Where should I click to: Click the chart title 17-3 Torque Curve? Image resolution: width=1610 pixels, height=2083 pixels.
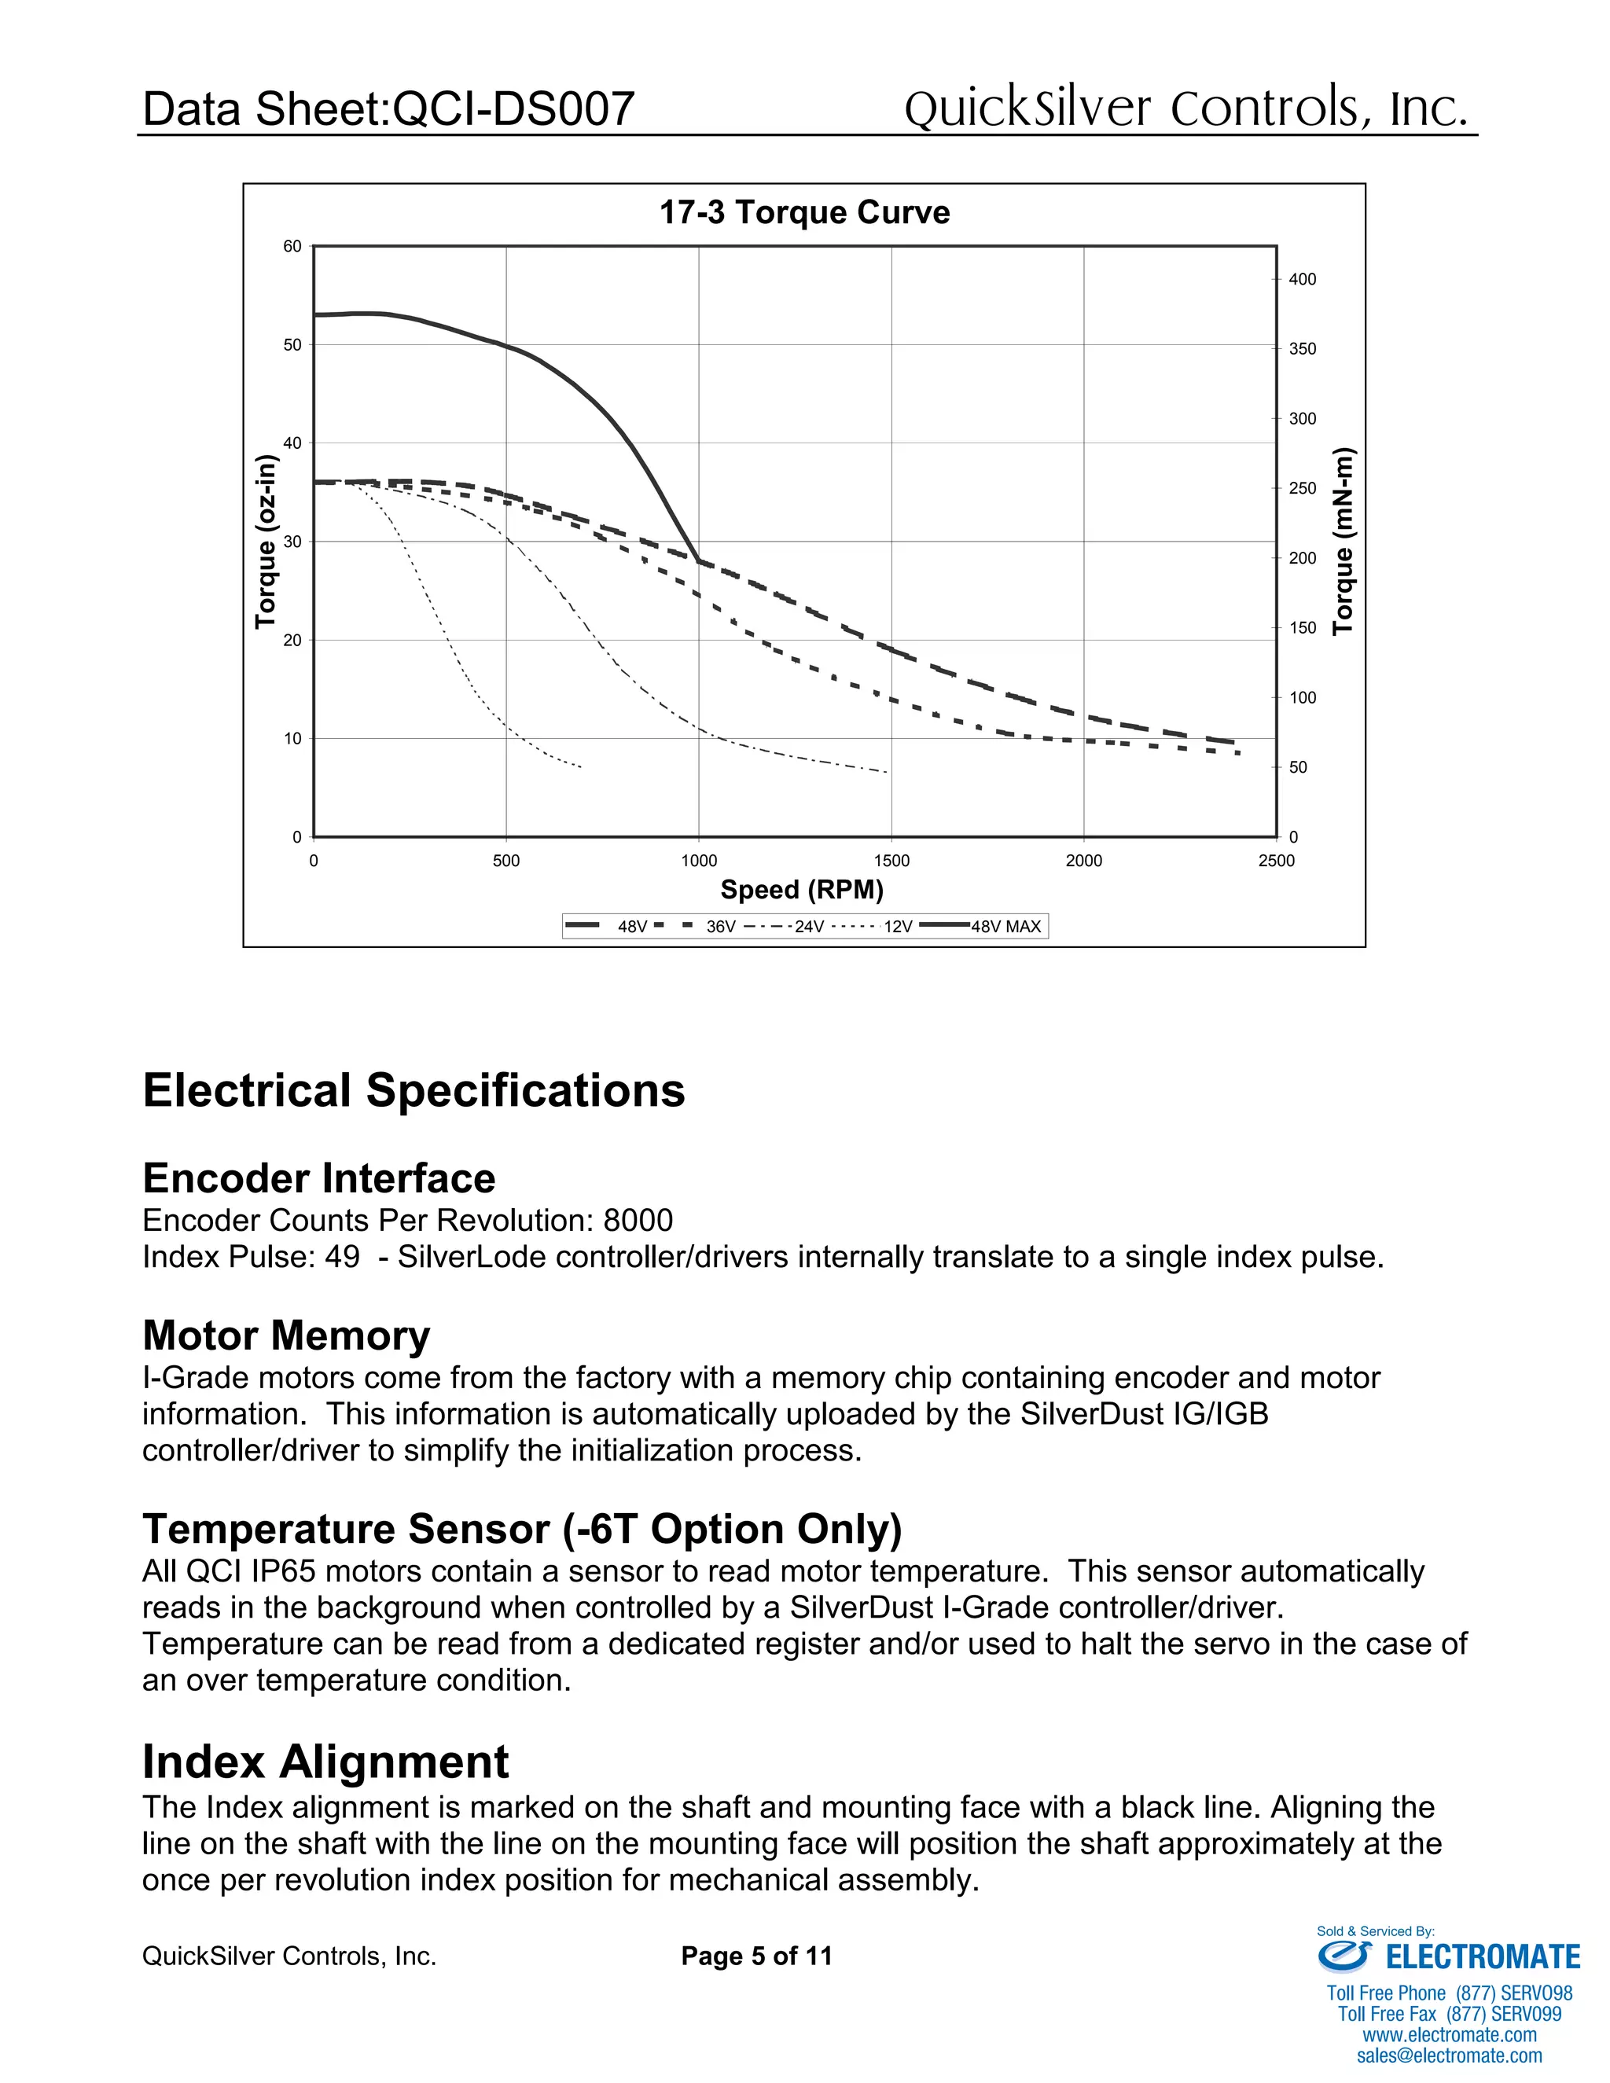coord(804,211)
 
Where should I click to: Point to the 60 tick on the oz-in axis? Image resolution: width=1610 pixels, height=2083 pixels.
coord(292,246)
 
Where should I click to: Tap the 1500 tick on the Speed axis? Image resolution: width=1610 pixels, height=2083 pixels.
coord(891,860)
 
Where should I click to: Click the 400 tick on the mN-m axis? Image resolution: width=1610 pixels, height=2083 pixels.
coord(1302,280)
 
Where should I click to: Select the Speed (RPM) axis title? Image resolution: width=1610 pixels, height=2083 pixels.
coord(801,890)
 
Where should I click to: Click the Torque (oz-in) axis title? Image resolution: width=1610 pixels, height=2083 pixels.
coord(266,541)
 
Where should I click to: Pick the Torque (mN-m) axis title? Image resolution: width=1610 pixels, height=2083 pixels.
coord(1343,541)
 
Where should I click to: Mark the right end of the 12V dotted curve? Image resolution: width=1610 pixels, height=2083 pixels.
coord(581,767)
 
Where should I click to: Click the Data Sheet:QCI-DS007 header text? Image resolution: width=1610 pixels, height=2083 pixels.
coord(388,108)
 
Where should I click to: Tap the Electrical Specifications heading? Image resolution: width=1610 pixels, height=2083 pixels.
coord(413,1090)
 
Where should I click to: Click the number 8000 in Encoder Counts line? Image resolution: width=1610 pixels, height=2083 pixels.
coord(638,1220)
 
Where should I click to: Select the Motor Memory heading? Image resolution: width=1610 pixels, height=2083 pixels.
coord(286,1335)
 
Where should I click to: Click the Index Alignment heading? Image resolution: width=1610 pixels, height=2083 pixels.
coord(325,1762)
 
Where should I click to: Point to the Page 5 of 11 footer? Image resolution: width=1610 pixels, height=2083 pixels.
coord(756,1956)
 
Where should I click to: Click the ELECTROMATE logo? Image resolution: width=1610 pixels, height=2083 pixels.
coord(1449,1957)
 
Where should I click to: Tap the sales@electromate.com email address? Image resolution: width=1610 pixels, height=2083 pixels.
coord(1449,2055)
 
